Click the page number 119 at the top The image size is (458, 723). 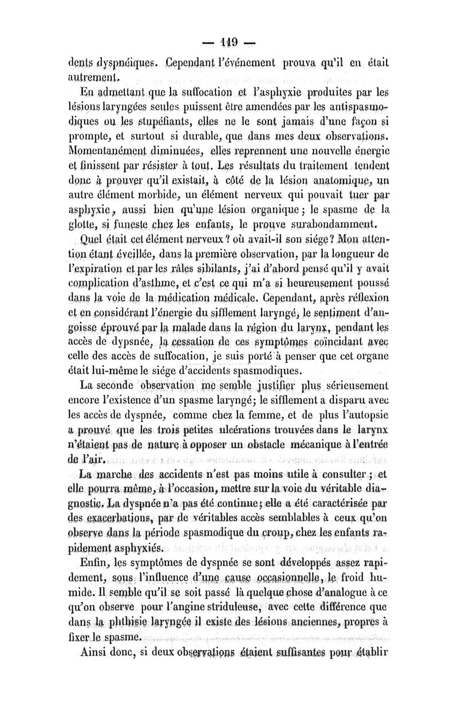pyautogui.click(x=230, y=42)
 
